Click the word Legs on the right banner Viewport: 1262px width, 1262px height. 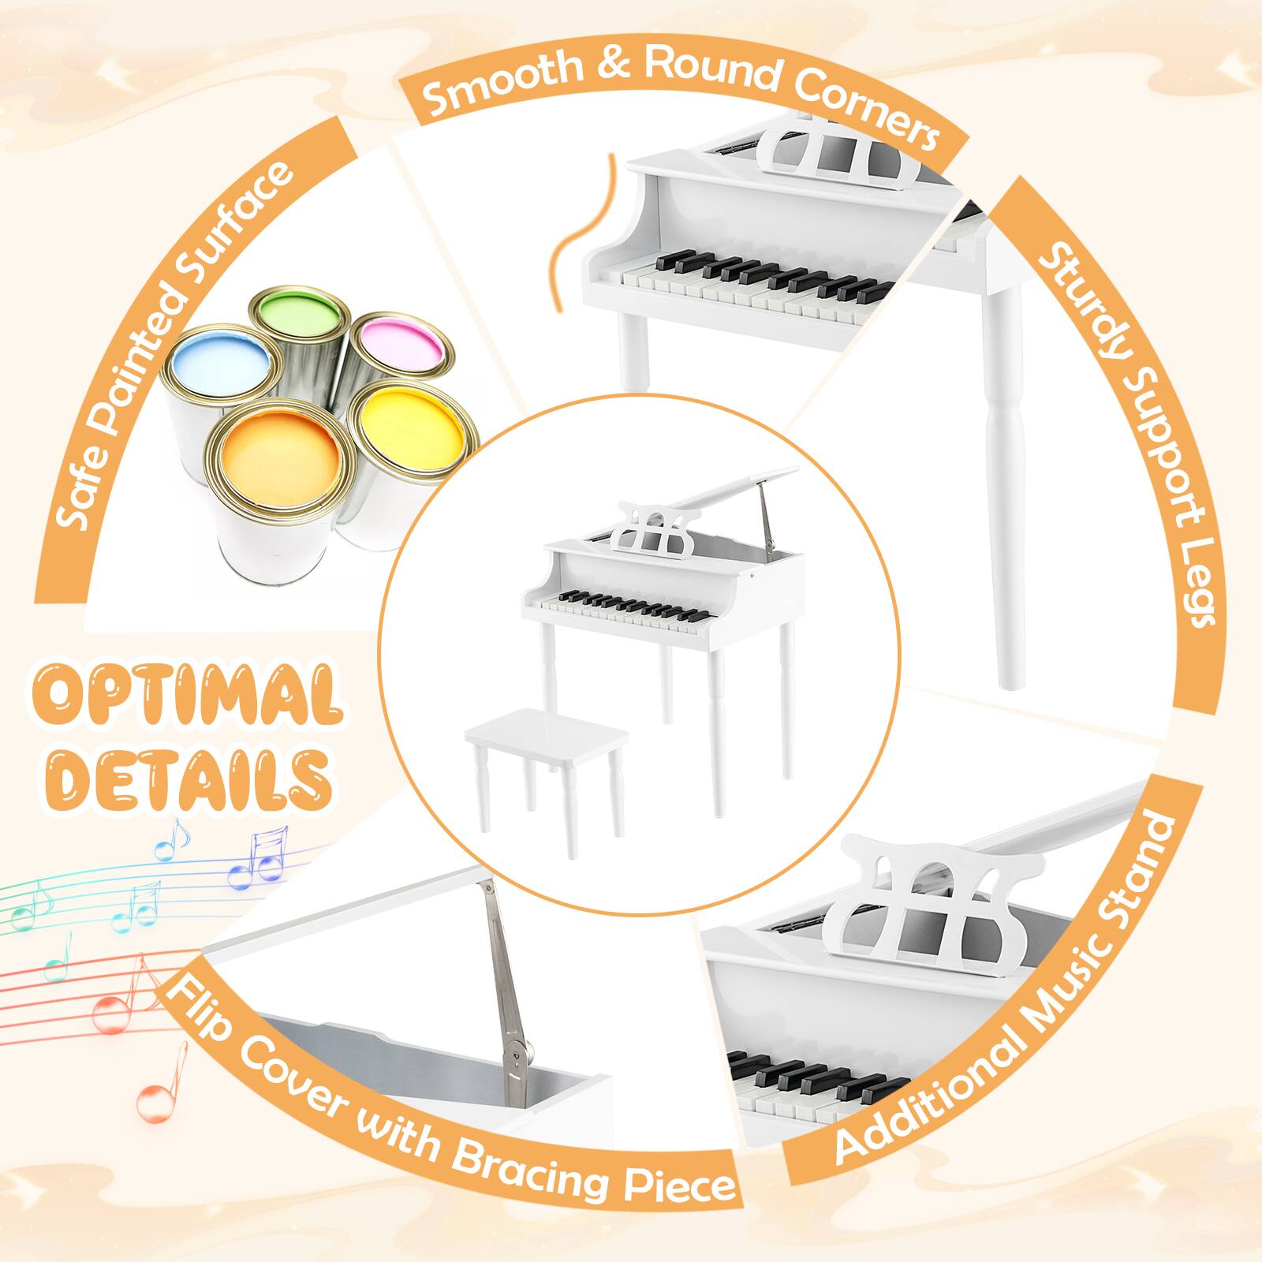coord(1183,580)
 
